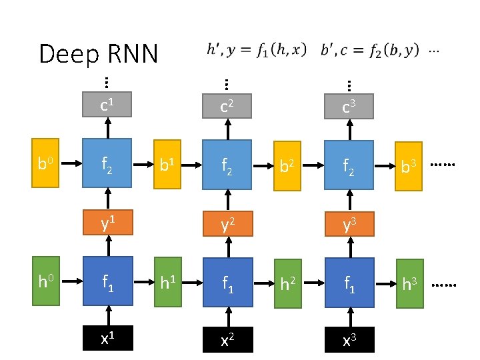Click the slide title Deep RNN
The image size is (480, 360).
click(x=98, y=53)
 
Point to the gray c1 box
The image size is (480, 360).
click(x=105, y=104)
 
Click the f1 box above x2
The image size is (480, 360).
click(x=227, y=283)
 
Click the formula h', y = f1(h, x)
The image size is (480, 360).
click(x=257, y=49)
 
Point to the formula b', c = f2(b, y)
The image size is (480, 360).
click(x=370, y=49)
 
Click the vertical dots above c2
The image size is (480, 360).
click(x=227, y=84)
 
